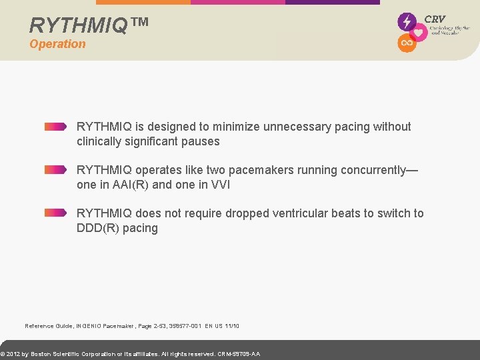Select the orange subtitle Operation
click(x=57, y=44)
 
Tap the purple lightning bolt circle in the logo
click(x=406, y=21)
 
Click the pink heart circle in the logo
click(x=418, y=32)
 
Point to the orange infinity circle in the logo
click(x=406, y=43)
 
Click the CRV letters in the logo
click(x=435, y=19)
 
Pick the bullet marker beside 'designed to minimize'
click(x=55, y=127)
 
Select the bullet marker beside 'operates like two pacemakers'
click(x=55, y=170)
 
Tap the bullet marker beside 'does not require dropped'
click(x=55, y=213)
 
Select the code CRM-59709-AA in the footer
click(x=239, y=354)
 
